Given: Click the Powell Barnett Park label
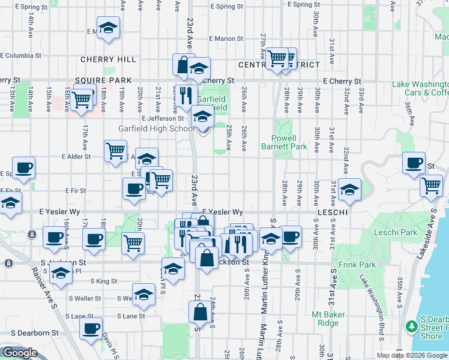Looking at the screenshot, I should pyautogui.click(x=285, y=142).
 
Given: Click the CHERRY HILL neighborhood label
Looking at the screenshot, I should pyautogui.click(x=108, y=60).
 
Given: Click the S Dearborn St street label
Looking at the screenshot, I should pyautogui.click(x=34, y=332).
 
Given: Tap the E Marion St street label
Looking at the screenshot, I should pyautogui.click(x=226, y=39).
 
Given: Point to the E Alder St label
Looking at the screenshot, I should pyautogui.click(x=76, y=157).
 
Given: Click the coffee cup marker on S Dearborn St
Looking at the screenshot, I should pyautogui.click(x=91, y=329).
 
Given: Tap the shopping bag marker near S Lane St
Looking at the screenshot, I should pyautogui.click(x=200, y=312).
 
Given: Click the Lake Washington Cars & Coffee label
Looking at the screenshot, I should pyautogui.click(x=420, y=88).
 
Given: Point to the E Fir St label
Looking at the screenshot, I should pyautogui.click(x=76, y=191).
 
